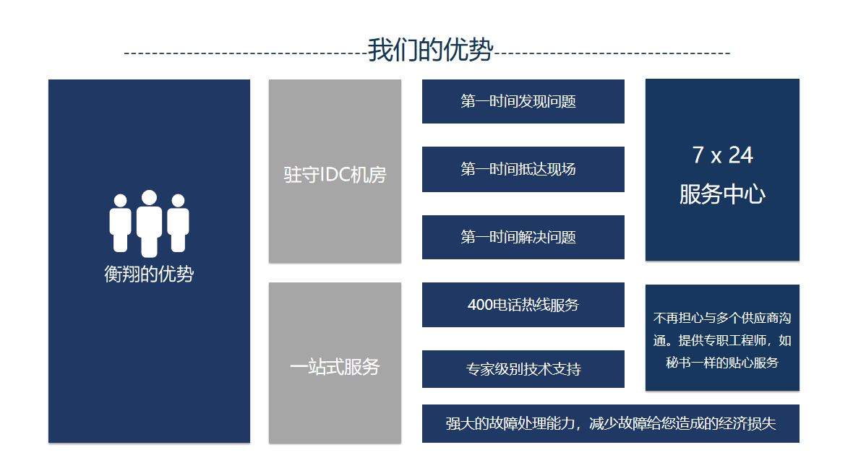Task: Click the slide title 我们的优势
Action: [430, 50]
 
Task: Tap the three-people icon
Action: [149, 223]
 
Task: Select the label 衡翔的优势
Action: [149, 274]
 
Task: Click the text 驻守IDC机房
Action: [335, 175]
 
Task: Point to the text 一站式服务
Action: [335, 367]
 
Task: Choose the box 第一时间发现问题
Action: [523, 102]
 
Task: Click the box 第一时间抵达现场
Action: [523, 169]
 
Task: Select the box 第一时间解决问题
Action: [523, 237]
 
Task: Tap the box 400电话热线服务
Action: [523, 305]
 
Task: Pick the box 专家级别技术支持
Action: [523, 369]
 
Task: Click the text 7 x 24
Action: [722, 155]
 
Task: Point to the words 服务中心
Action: [722, 194]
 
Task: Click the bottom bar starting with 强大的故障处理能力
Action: [610, 424]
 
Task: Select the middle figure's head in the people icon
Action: [149, 197]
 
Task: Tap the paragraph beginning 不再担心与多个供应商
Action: [722, 340]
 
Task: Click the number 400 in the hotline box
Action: [481, 305]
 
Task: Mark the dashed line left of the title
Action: [246, 53]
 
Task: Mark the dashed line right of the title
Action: [612, 53]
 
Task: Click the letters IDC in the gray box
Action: [335, 175]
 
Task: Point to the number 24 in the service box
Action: [741, 155]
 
